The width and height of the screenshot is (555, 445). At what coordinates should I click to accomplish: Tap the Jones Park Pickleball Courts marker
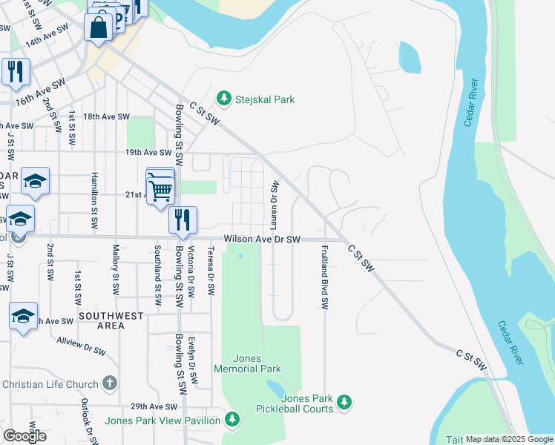[x=344, y=402]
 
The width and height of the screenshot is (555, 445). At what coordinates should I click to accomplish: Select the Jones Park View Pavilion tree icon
[x=232, y=421]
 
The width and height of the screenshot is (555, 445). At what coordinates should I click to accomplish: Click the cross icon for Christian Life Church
[x=110, y=383]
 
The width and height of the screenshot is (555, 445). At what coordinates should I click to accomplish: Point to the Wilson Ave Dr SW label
[x=263, y=240]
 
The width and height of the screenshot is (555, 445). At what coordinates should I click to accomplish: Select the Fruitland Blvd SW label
[x=324, y=277]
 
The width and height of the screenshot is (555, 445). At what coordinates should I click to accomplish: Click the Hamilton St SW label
[x=95, y=211]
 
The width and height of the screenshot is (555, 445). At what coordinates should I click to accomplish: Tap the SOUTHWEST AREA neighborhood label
[x=111, y=320]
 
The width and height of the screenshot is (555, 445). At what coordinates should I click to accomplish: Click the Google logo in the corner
[x=24, y=435]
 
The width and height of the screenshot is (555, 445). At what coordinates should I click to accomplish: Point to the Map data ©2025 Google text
[x=510, y=440]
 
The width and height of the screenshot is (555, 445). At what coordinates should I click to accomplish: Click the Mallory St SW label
[x=115, y=268]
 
